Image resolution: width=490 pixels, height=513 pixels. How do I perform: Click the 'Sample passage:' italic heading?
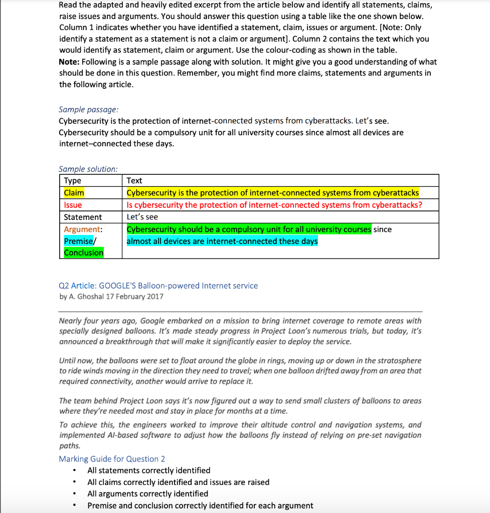[x=88, y=109]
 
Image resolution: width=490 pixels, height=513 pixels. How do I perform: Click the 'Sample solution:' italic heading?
[x=88, y=169]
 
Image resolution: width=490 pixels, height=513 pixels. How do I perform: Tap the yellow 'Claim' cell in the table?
[x=74, y=193]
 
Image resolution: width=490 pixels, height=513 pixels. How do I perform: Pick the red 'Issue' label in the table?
[x=73, y=205]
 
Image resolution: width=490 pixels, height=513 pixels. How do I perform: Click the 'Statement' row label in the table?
[x=83, y=217]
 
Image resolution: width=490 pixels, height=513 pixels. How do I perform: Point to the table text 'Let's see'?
[x=142, y=217]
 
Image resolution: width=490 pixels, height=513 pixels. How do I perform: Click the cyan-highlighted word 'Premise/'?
[x=79, y=241]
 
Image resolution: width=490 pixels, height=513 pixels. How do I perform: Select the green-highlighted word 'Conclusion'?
[x=83, y=252]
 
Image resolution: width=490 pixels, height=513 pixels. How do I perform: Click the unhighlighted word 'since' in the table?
[x=383, y=229]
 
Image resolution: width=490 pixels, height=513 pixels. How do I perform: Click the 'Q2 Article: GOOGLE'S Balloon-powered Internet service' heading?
[x=158, y=286]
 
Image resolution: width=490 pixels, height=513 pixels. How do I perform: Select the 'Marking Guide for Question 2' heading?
[x=112, y=459]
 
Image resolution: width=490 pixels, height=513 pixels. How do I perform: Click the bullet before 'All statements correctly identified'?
[x=75, y=471]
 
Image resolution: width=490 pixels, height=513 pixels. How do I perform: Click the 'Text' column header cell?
[x=134, y=180]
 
